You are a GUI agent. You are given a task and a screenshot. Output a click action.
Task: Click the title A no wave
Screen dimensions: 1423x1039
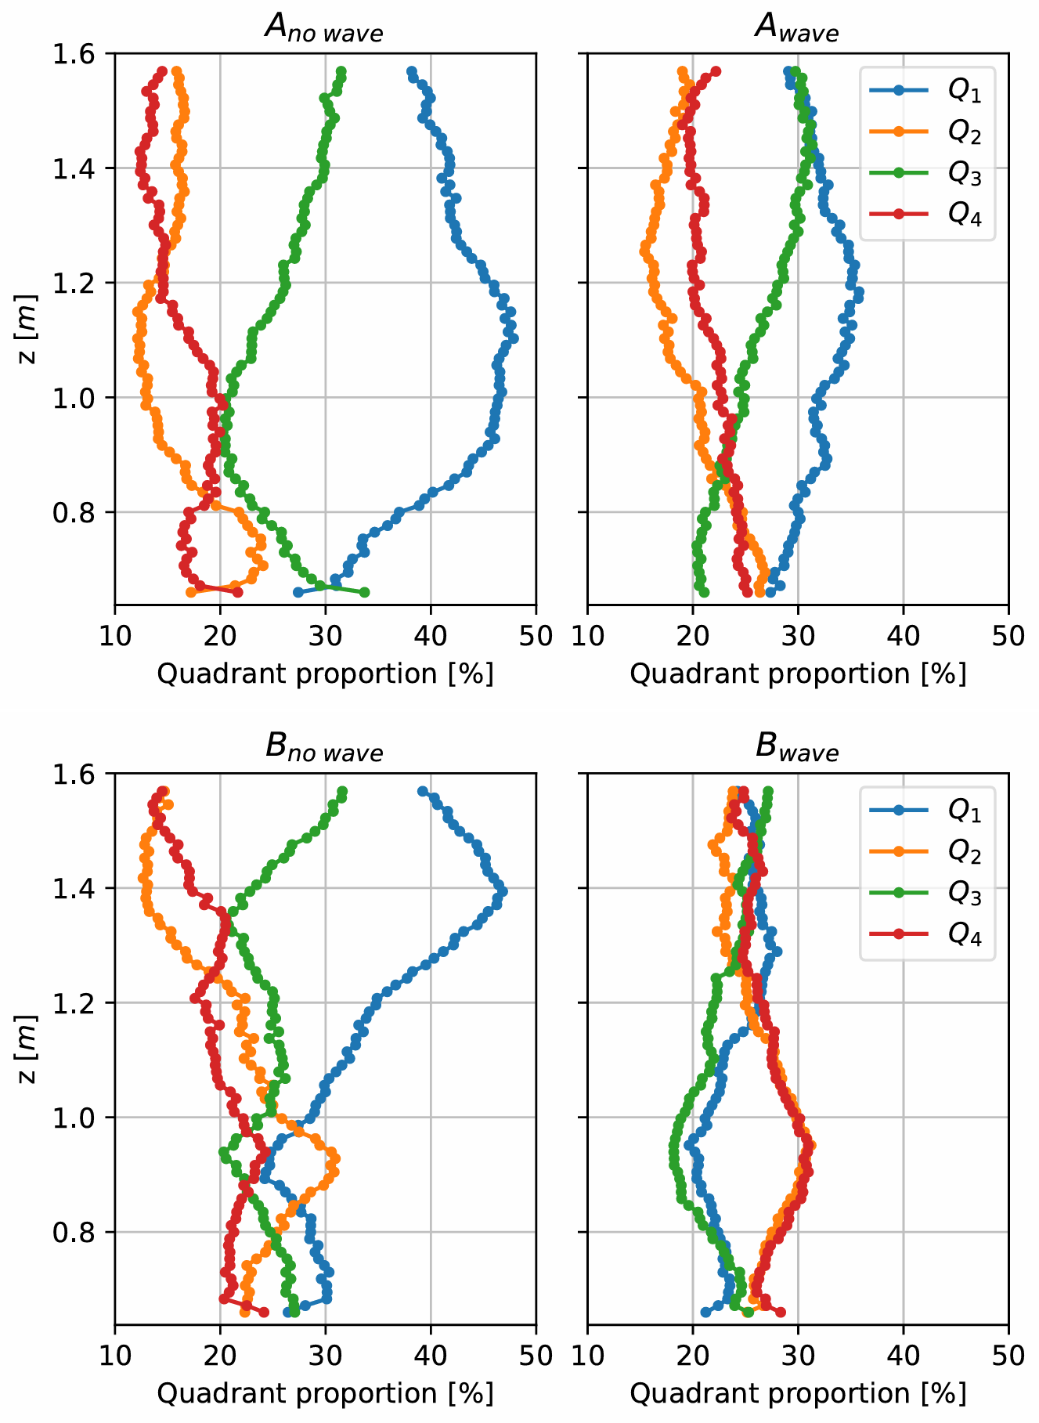tap(324, 29)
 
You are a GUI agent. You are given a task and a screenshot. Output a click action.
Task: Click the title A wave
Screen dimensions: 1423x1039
tap(796, 29)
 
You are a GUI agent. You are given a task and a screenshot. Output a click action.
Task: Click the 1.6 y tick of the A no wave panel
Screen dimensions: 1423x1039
tap(74, 54)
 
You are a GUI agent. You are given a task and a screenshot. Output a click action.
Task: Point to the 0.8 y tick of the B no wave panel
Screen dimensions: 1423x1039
tap(74, 1233)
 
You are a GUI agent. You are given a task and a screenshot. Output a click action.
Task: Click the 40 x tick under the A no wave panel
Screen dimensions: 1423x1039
tap(431, 635)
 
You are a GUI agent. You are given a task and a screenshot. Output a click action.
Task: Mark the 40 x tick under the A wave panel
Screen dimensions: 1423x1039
tap(903, 635)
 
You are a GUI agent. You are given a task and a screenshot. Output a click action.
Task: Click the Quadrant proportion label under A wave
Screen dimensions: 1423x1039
tap(798, 674)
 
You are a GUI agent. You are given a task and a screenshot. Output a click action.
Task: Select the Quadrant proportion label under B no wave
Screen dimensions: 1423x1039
tap(325, 1393)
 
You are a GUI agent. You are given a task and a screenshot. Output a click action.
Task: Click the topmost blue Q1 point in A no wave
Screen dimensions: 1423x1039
tap(412, 72)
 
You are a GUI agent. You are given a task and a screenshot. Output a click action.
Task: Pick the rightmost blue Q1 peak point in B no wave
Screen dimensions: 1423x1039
tap(503, 892)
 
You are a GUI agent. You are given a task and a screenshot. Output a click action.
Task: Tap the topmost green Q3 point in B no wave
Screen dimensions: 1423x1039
tap(342, 792)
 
